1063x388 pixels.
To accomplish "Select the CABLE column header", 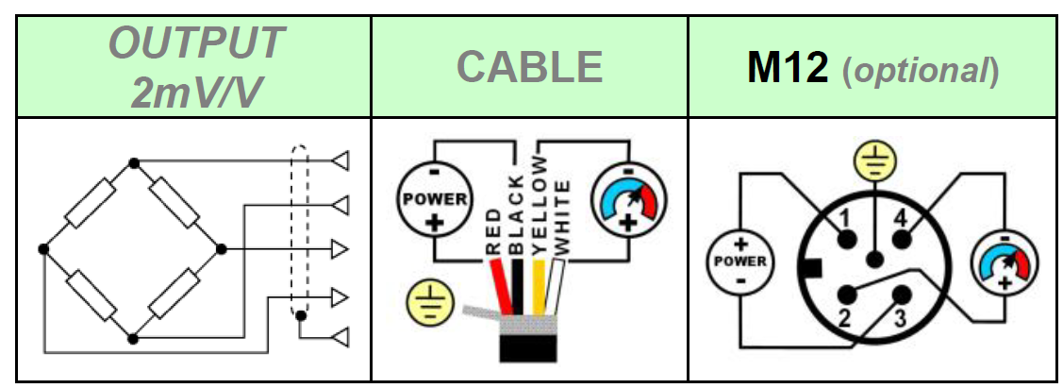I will [529, 67].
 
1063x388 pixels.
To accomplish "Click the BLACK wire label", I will [515, 215].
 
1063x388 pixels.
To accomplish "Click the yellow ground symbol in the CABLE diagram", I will [424, 303].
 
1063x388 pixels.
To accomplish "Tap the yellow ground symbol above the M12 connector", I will [879, 163].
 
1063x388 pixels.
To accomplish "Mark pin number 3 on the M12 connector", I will [900, 318].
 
